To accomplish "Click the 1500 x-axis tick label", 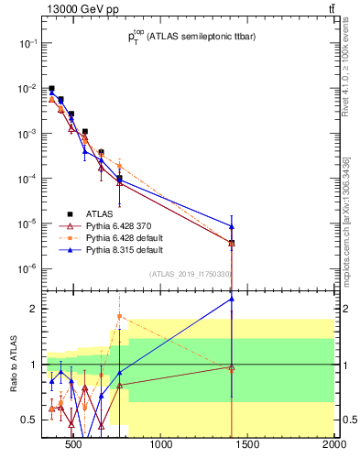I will point(248,446).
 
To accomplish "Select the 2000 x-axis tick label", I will point(333,446).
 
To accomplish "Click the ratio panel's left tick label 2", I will point(33,309).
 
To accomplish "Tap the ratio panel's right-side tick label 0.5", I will point(349,420).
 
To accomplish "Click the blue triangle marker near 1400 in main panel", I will point(232,226).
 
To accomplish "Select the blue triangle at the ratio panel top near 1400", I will point(232,299).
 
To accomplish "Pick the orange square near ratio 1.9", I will point(119,316).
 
